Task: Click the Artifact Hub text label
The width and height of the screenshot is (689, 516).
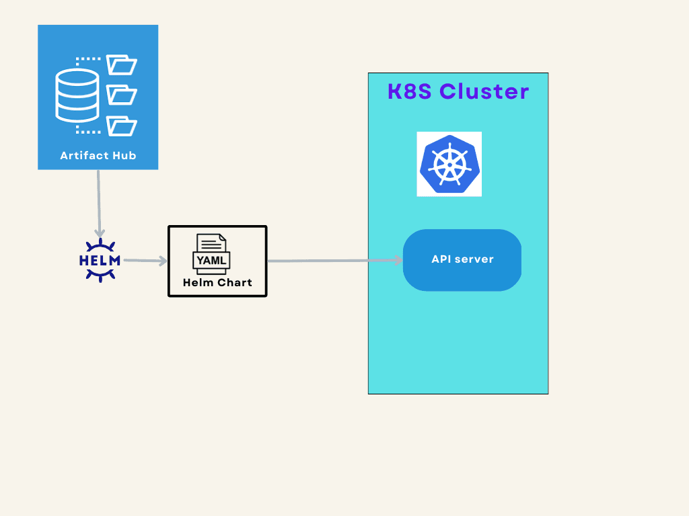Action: point(98,156)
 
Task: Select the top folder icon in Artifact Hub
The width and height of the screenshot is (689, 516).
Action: point(122,65)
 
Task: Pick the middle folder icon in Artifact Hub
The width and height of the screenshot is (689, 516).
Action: point(122,95)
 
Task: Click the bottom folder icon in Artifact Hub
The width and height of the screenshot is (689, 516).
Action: point(122,126)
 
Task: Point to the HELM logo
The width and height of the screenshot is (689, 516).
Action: point(100,260)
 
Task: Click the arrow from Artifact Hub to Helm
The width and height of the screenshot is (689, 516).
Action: point(99,202)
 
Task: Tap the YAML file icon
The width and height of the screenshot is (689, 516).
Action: point(212,252)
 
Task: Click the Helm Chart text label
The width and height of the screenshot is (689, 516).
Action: point(217,283)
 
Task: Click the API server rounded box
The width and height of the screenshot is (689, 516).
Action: point(462,260)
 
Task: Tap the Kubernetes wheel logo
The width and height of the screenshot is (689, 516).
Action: point(449,164)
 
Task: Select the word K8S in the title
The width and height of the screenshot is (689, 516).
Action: point(410,91)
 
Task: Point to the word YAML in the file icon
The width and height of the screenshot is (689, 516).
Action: point(212,260)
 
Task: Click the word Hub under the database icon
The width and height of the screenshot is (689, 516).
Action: point(124,156)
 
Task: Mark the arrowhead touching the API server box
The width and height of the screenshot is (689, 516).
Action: point(398,261)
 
